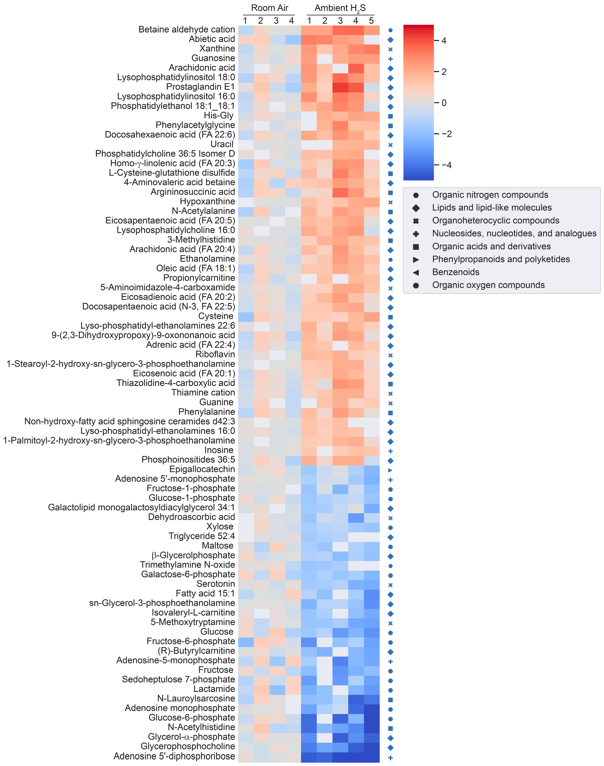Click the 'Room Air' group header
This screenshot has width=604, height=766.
(x=270, y=8)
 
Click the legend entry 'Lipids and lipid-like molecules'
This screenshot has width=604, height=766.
(x=492, y=208)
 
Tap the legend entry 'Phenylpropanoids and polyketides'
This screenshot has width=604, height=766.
(x=501, y=259)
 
